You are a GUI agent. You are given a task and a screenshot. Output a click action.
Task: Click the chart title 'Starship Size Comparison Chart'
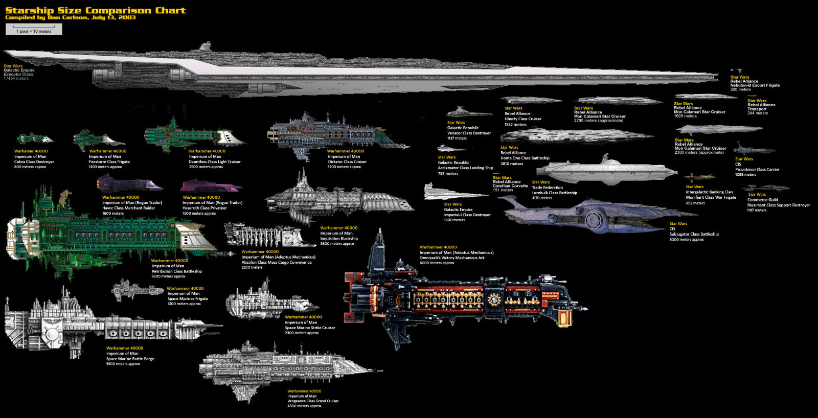[x=95, y=10]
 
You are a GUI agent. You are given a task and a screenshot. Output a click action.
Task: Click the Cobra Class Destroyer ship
[x=34, y=139]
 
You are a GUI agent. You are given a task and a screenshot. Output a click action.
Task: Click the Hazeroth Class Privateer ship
[x=210, y=186]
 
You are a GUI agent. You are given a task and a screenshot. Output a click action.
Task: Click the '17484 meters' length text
[x=16, y=79]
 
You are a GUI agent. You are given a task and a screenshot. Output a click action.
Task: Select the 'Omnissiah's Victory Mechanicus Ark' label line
[x=452, y=258]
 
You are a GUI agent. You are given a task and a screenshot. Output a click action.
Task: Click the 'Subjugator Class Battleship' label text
[x=694, y=234]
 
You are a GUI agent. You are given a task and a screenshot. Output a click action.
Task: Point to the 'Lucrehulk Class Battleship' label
[x=554, y=193]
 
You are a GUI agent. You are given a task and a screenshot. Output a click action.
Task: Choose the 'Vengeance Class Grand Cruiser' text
[x=313, y=401]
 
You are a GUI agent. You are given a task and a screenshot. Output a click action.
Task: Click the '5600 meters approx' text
[x=168, y=276]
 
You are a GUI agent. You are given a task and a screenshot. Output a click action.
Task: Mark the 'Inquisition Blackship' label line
[x=339, y=239]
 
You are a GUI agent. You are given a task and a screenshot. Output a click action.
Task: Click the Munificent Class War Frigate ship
[x=699, y=177]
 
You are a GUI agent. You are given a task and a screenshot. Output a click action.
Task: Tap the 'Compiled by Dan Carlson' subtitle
[x=70, y=17]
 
